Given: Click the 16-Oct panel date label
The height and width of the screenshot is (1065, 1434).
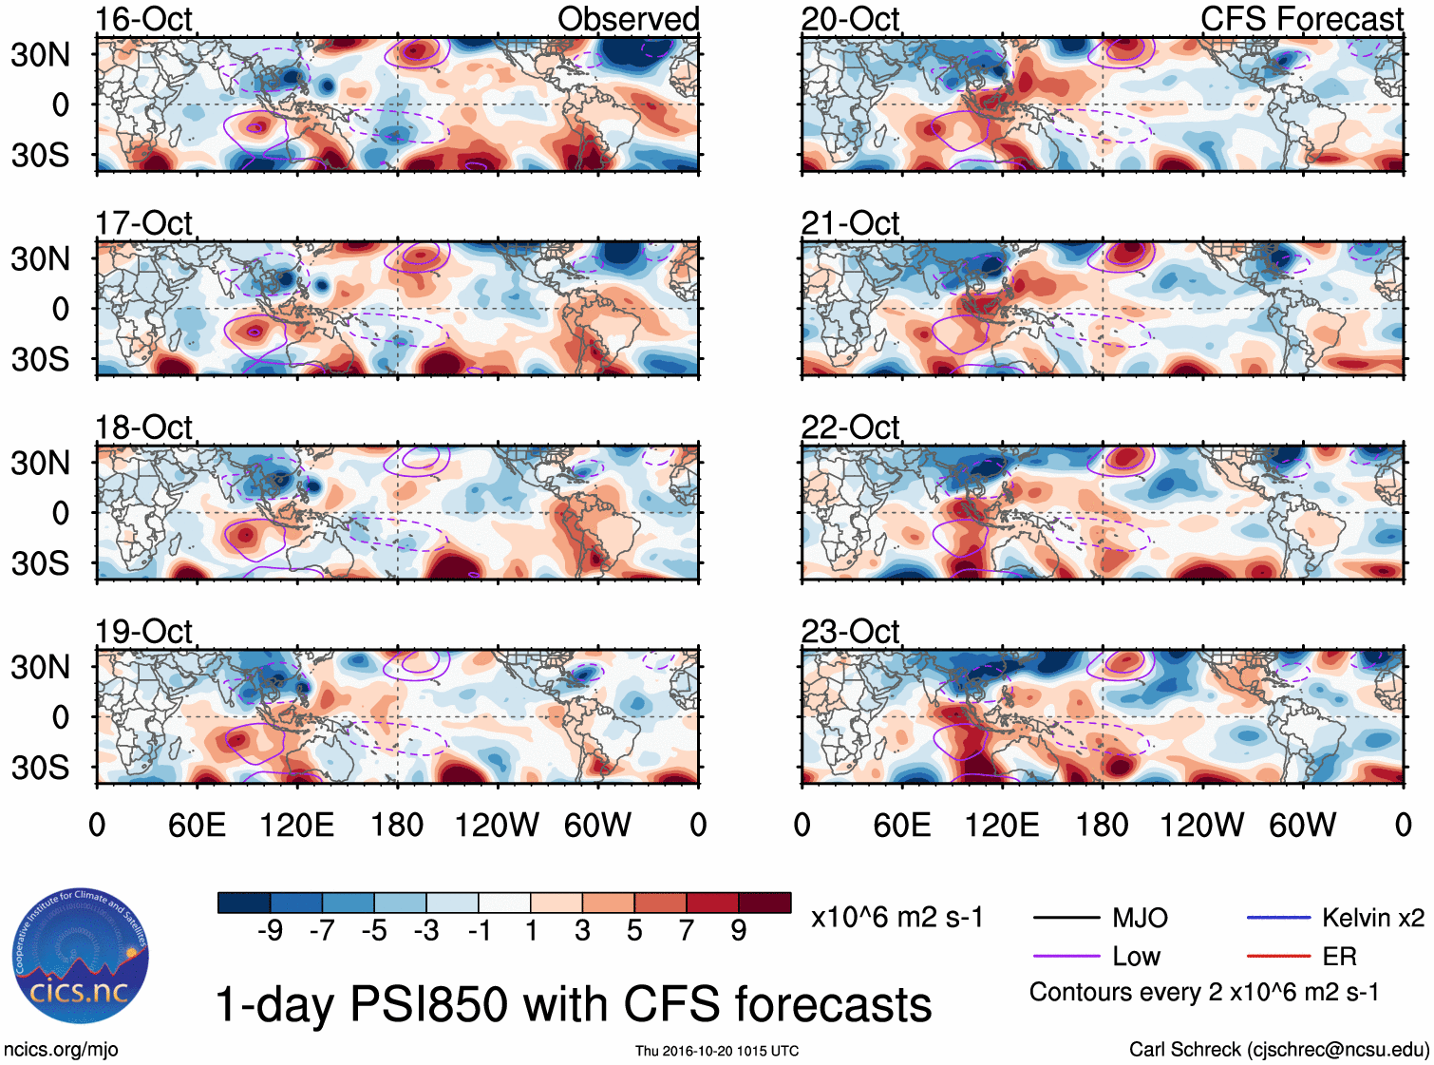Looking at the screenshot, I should pos(143,19).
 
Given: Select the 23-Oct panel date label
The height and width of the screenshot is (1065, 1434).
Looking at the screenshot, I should pos(850,632).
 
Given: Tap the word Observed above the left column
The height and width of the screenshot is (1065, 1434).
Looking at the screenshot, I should pos(628,19).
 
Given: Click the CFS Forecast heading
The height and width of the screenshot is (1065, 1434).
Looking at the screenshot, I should pos(1301,19).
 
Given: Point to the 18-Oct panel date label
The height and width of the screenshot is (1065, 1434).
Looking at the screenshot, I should pos(143,428).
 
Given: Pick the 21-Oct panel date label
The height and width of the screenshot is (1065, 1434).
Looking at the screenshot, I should pos(850,223).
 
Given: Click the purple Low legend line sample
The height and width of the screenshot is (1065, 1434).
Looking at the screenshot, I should pos(1066,957).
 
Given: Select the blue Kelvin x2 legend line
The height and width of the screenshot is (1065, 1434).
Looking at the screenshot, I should pos(1278,918).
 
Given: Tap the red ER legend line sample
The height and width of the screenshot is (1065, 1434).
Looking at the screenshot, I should pos(1278,957).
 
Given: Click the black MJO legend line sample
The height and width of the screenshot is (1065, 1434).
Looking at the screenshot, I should pos(1066,918).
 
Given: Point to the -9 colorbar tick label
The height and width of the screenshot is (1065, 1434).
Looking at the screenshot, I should pos(270,931).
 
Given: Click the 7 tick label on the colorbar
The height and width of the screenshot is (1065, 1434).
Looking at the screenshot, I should pos(687,931).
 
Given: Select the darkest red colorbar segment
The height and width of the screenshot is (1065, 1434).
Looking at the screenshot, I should pos(764,903).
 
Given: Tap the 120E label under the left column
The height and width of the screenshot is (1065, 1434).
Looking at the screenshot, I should pos(297,825).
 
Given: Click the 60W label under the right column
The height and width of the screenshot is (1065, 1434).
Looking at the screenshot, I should pos(1302,825).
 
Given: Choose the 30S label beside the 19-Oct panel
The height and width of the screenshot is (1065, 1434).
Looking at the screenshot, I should pos(40,768).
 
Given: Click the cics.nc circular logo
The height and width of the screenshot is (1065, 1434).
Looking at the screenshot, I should pos(80,957).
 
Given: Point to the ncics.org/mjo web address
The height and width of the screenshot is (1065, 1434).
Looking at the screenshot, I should pos(61,1050).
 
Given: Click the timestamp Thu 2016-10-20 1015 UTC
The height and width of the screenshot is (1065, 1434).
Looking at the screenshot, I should pos(717,1051).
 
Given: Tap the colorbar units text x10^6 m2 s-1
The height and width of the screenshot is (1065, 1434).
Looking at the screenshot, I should pos(896,918).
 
